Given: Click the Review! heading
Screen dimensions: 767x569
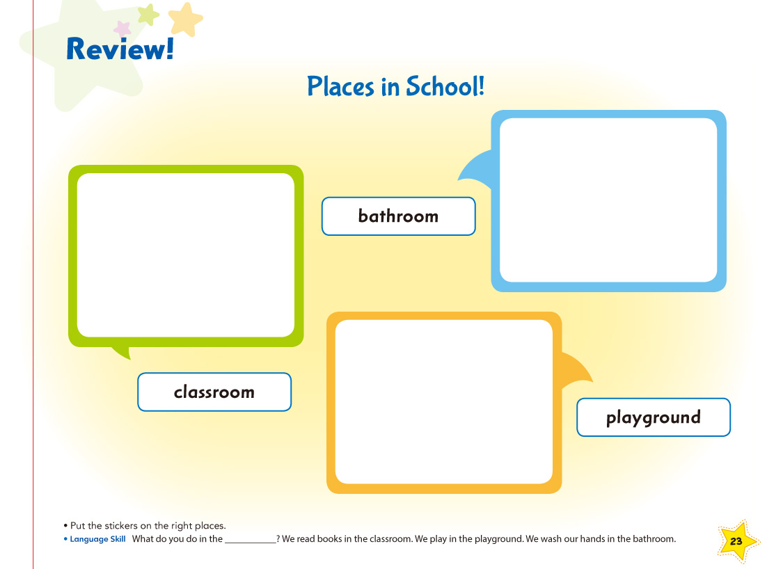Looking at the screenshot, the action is [x=120, y=49].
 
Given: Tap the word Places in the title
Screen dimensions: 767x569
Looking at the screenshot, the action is [x=340, y=86].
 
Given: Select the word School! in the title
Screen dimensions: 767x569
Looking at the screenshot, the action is [x=445, y=86].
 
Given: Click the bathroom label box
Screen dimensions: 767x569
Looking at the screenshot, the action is [x=399, y=216].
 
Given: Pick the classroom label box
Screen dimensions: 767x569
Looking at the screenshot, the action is [x=214, y=392].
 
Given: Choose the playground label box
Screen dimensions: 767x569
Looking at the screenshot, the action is [x=654, y=417].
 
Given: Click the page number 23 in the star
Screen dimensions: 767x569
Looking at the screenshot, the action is [x=736, y=542].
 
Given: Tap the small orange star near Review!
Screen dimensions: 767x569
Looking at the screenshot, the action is [x=185, y=19].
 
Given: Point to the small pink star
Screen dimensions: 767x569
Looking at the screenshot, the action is [x=122, y=29].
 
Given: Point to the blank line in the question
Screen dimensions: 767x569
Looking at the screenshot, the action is [x=251, y=543].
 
